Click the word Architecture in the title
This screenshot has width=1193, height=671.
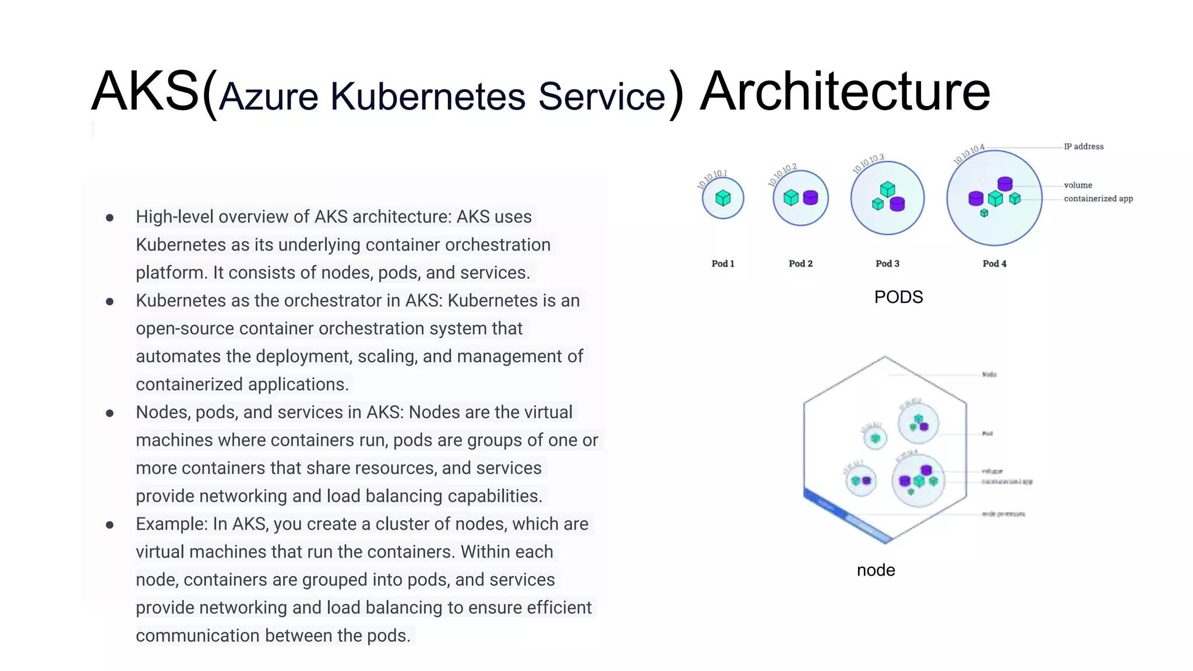click(845, 91)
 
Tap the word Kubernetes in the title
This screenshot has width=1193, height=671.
click(428, 96)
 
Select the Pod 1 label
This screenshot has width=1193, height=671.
click(723, 264)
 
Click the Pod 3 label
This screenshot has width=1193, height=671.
click(887, 264)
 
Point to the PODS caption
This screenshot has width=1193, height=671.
click(898, 297)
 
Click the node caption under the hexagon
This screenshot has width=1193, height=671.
click(876, 570)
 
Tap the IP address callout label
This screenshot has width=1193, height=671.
click(1083, 147)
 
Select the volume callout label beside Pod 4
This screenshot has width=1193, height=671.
click(1078, 185)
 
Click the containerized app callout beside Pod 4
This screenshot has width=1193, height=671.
click(1098, 199)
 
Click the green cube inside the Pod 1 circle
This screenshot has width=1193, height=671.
click(723, 198)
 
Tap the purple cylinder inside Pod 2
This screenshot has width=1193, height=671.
click(810, 198)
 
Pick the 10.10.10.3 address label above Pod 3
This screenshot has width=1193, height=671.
click(868, 164)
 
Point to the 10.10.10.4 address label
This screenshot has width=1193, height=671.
click(969, 154)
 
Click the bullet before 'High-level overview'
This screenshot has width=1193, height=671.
click(110, 218)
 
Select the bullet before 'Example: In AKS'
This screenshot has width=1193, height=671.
click(110, 525)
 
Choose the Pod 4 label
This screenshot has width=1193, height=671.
click(994, 264)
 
